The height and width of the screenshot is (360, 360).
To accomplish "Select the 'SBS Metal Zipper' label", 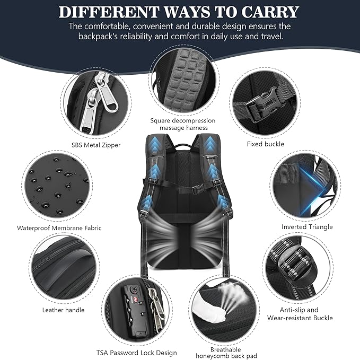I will coord(96,145).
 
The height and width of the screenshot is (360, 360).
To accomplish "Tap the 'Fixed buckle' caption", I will coord(265,144).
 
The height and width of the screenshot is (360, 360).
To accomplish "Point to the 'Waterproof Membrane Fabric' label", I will coord(59,228).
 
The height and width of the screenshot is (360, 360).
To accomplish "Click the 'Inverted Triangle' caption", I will coord(308,227).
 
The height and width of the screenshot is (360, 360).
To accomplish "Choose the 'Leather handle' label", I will coord(63,310).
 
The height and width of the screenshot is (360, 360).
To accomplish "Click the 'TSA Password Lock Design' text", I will coord(137,353).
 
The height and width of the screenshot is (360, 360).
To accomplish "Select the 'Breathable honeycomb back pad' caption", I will coord(218,353).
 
